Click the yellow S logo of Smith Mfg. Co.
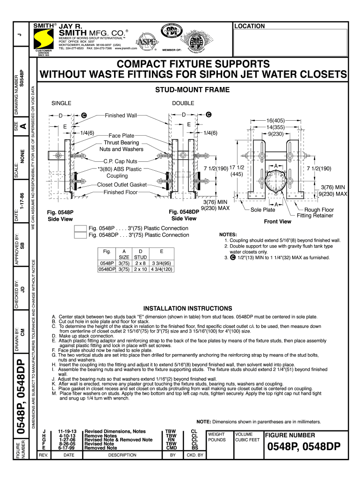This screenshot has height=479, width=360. [x=44, y=37]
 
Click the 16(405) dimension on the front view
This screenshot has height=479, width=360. [x=276, y=121]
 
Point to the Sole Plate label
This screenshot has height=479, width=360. [x=263, y=210]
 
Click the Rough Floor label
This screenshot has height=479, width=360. [x=319, y=210]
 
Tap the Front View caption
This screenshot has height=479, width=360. [x=277, y=221]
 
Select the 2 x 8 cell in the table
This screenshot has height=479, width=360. [x=140, y=263]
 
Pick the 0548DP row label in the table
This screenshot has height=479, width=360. [x=107, y=269]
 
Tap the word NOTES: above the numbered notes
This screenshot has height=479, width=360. [x=228, y=234]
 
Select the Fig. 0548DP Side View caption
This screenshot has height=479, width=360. [x=184, y=215]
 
